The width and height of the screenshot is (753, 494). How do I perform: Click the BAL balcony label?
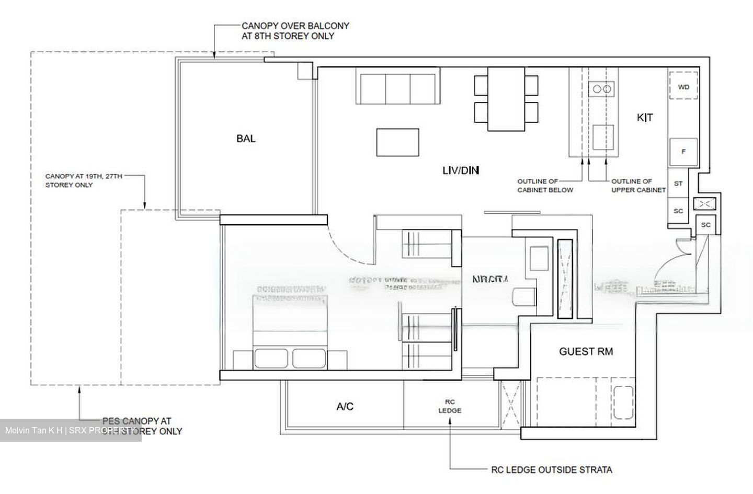click(x=246, y=139)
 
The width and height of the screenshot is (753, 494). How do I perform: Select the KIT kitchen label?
click(x=644, y=118)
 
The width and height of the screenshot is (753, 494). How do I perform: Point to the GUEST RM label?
click(x=586, y=351)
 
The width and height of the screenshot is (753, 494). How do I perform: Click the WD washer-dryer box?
click(x=683, y=87)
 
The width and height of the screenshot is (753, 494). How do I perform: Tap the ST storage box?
click(x=678, y=183)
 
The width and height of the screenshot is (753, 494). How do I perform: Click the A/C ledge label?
click(x=345, y=406)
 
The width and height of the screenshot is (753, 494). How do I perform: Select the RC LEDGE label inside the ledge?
click(x=449, y=406)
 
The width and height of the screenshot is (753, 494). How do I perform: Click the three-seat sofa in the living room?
click(x=397, y=85)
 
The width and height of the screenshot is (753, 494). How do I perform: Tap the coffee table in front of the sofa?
click(x=397, y=142)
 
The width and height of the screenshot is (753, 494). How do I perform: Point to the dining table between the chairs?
click(x=506, y=99)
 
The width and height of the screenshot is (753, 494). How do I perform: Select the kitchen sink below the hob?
click(x=603, y=137)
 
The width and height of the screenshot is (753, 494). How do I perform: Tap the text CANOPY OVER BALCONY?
click(x=295, y=26)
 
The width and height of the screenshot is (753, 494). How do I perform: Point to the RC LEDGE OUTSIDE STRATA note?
click(x=551, y=469)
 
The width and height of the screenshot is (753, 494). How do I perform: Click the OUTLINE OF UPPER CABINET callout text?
click(x=638, y=186)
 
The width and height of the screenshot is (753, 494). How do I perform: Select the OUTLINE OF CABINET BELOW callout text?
click(x=545, y=186)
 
